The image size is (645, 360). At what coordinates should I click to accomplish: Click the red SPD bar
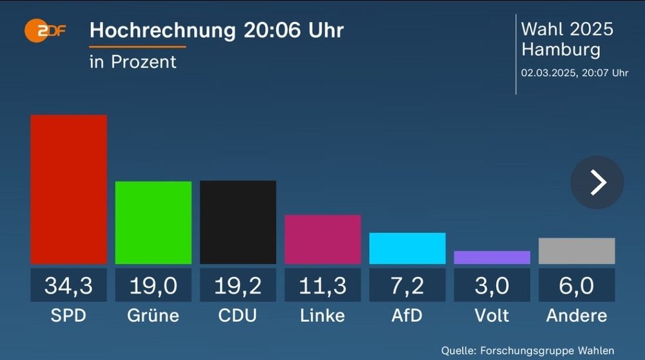click(x=68, y=189)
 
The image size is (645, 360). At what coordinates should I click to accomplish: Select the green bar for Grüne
click(x=153, y=223)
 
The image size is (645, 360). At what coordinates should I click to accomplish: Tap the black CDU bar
click(x=237, y=222)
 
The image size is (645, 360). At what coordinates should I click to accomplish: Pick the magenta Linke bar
click(x=322, y=239)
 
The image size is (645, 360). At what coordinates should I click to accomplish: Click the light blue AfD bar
click(x=407, y=248)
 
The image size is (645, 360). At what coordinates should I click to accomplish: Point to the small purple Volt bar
click(x=491, y=257)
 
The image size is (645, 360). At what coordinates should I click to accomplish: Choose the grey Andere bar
click(x=576, y=251)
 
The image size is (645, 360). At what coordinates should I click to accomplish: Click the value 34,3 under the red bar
click(x=68, y=285)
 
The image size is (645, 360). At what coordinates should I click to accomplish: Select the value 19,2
click(x=237, y=285)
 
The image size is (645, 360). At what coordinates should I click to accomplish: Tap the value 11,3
click(x=322, y=285)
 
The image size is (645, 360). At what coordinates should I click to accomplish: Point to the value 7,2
click(x=407, y=285)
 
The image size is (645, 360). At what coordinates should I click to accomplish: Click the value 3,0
click(x=491, y=285)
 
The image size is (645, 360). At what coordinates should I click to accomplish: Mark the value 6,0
click(x=576, y=285)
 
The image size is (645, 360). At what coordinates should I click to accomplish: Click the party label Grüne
click(x=153, y=315)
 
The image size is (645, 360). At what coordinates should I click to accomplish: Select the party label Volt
click(x=491, y=315)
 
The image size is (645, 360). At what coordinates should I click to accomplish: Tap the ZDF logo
click(x=45, y=30)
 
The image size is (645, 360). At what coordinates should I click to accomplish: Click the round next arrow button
click(x=597, y=183)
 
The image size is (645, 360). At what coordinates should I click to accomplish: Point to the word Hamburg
click(x=560, y=50)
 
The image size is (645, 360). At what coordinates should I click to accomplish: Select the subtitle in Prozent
click(x=133, y=62)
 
